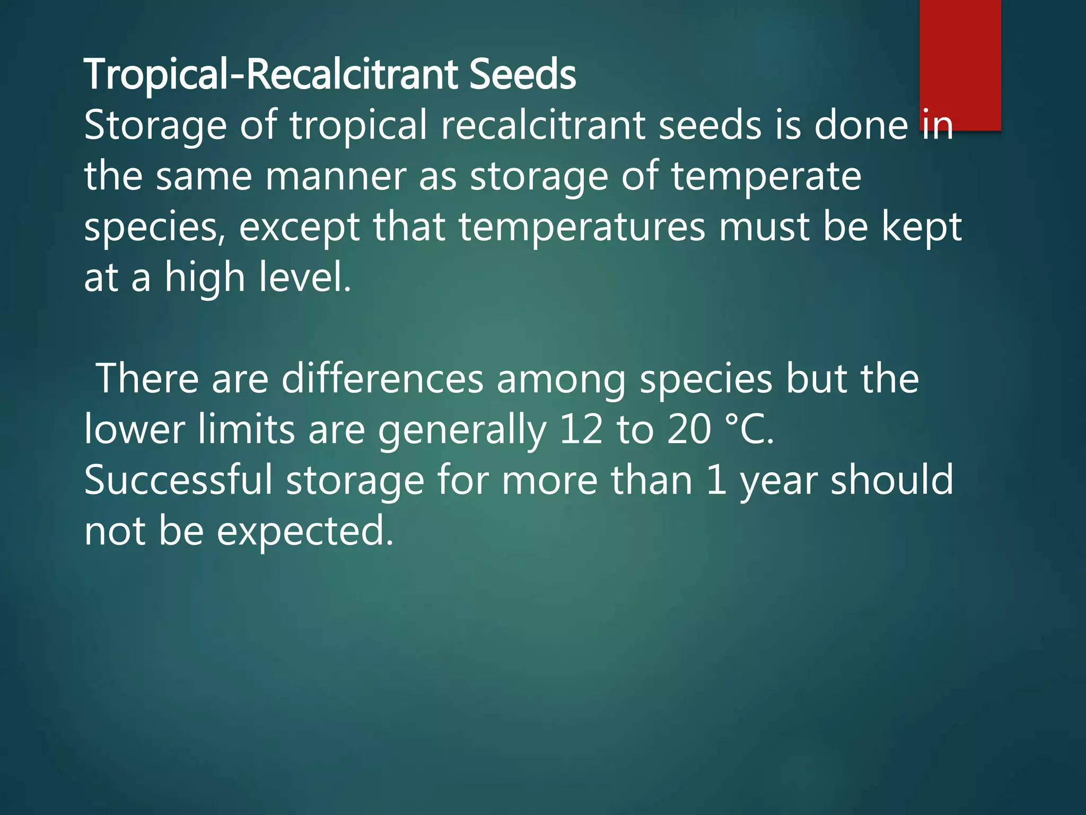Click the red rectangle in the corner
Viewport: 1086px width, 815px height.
(x=960, y=64)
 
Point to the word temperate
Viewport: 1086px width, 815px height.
(x=766, y=177)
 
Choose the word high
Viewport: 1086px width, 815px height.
(x=204, y=278)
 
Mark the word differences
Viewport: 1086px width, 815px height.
(x=382, y=379)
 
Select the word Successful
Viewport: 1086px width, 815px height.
(x=178, y=480)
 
